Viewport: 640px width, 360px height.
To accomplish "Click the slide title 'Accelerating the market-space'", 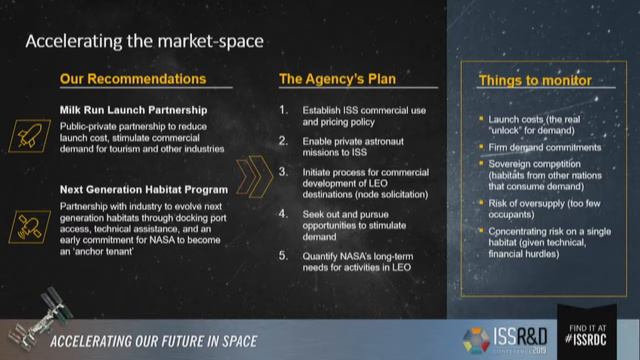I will pos(144,41).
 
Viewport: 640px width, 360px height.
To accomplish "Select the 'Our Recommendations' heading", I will pos(133,78).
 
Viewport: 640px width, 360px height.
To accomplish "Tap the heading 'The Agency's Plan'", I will pos(331,78).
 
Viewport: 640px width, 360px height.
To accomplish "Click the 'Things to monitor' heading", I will pos(535,79).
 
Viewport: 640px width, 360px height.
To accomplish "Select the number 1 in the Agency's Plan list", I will pos(283,108).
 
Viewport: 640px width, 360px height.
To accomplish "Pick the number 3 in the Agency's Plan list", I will pos(283,172).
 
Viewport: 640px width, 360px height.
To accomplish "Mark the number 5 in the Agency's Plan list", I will pos(283,256).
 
